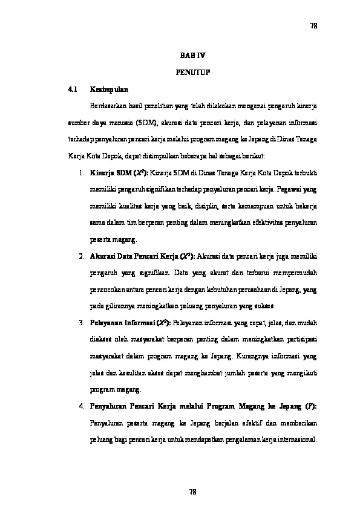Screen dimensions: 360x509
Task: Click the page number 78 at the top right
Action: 313,26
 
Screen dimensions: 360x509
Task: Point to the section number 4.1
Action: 73,89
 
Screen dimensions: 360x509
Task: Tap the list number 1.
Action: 81,173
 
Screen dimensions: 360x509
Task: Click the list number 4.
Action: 81,405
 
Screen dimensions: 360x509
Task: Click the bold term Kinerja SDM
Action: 109,173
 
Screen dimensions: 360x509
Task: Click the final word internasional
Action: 296,438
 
